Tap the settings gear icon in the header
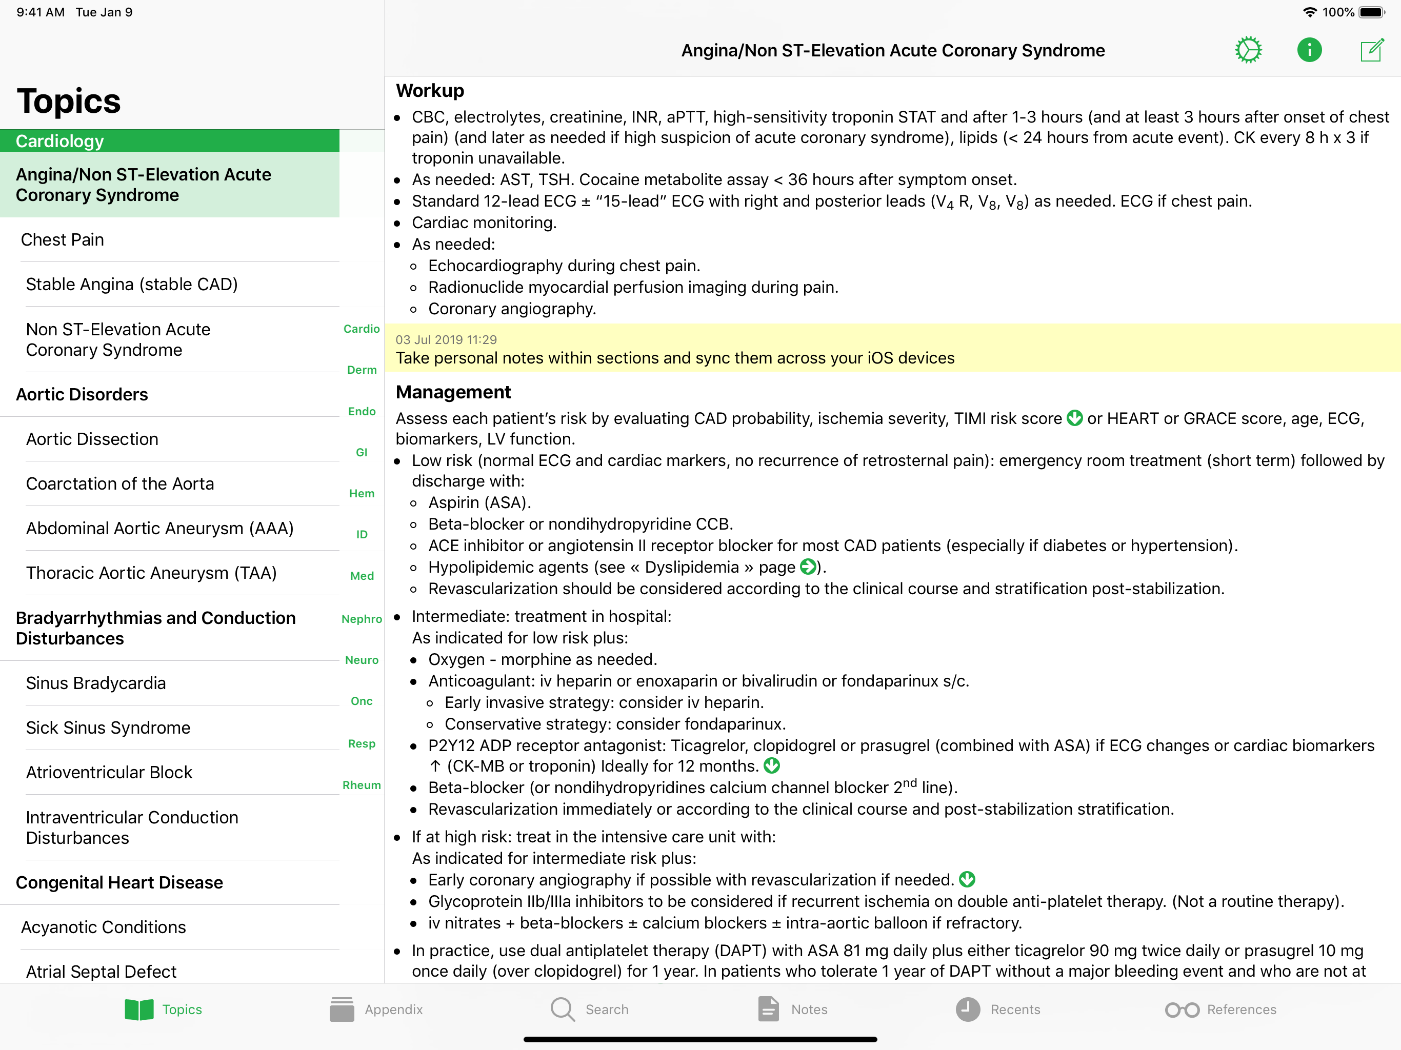(x=1248, y=50)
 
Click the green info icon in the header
(x=1309, y=50)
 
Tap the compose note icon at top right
(x=1371, y=50)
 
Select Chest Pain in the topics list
(x=63, y=240)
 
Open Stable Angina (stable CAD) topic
(x=132, y=285)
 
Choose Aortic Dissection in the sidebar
(x=92, y=439)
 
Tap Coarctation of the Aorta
(x=119, y=484)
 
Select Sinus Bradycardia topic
(x=95, y=683)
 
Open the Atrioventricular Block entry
(x=109, y=773)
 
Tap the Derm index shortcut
(x=362, y=370)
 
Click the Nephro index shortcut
(x=362, y=619)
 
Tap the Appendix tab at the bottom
(x=377, y=1009)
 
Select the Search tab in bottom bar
(x=590, y=1009)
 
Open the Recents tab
(x=998, y=1009)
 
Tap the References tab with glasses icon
(x=1220, y=1009)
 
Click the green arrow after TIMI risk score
(x=1075, y=418)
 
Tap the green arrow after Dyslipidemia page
(x=808, y=567)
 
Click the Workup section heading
(x=430, y=91)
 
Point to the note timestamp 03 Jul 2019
(x=446, y=339)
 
